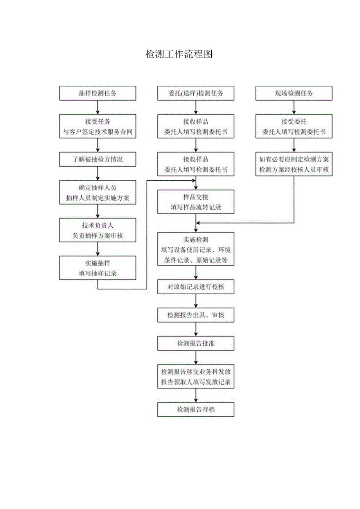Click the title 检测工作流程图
tap(179, 54)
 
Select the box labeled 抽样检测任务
tap(97, 94)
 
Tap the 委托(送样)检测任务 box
tap(196, 94)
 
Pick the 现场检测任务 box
tap(294, 94)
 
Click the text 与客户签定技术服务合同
tap(97, 132)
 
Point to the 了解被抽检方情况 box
tap(97, 159)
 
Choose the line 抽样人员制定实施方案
tap(97, 198)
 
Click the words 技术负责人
tap(97, 225)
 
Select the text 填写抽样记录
tap(97, 273)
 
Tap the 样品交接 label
tap(196, 197)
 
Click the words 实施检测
tap(196, 239)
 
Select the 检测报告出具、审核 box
tap(196, 315)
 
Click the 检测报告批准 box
tap(196, 344)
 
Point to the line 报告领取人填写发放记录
tap(196, 382)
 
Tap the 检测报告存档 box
tap(196, 410)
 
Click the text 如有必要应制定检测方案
tap(294, 159)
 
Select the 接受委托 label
tap(294, 122)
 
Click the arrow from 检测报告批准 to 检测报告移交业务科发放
tap(196, 357)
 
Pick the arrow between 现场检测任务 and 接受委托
tap(294, 107)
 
